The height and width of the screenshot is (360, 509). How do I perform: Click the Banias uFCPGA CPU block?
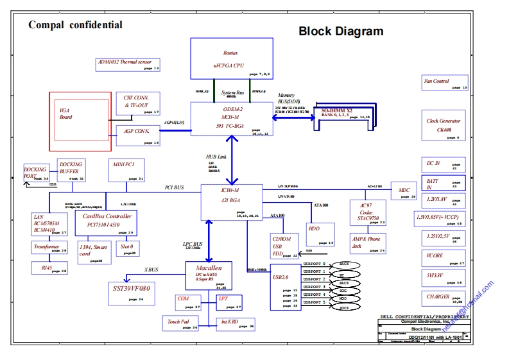[x=229, y=59]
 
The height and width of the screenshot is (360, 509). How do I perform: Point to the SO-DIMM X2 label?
[x=336, y=111]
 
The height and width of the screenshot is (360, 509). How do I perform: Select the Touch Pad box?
[x=182, y=323]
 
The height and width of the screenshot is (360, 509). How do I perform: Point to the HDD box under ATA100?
[x=320, y=233]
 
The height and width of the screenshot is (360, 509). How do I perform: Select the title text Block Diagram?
[x=341, y=31]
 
